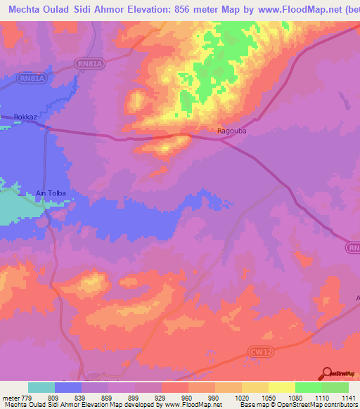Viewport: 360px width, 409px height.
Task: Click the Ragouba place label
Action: point(229,131)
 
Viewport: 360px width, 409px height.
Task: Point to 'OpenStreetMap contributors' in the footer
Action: point(323,405)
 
